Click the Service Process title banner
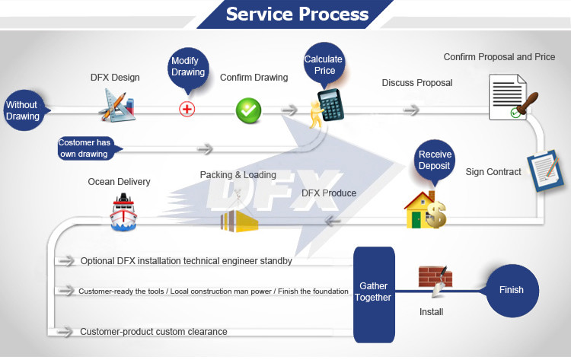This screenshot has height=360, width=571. (x=297, y=14)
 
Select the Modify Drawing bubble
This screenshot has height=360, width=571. (x=187, y=66)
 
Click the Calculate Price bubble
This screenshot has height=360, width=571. (x=324, y=65)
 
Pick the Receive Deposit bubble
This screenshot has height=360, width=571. (x=435, y=160)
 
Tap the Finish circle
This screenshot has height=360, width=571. (x=511, y=290)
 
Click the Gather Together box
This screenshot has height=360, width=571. (x=373, y=292)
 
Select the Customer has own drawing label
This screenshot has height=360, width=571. (x=85, y=148)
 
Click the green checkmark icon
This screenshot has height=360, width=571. (x=248, y=110)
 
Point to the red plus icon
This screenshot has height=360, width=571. (x=187, y=109)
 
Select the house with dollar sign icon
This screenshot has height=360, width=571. (x=424, y=209)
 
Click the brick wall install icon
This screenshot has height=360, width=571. (x=435, y=281)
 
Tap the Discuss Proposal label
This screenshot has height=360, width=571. (x=417, y=82)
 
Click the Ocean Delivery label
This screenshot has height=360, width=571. (x=119, y=182)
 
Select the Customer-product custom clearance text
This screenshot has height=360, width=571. (x=153, y=332)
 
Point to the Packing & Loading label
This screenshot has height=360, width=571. (x=238, y=175)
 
